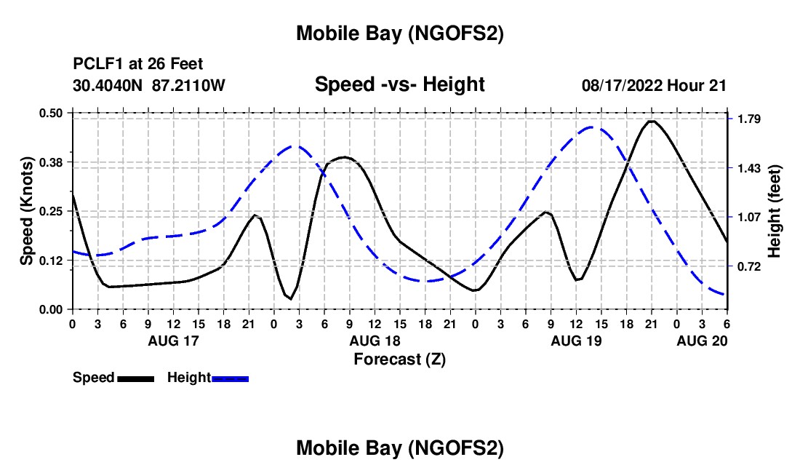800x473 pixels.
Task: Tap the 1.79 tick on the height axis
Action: [x=749, y=119]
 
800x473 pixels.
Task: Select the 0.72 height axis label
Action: [x=749, y=266]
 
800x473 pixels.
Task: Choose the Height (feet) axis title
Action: [x=775, y=210]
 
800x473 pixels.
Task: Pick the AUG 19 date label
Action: [x=575, y=341]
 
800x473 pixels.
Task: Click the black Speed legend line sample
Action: [x=135, y=378]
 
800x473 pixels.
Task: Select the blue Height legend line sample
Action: [x=230, y=378]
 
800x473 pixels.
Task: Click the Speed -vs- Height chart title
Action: [x=399, y=85]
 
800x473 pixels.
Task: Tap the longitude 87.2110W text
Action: [x=189, y=85]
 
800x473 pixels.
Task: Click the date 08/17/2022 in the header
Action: [x=622, y=85]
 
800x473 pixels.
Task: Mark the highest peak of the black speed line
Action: [x=651, y=121]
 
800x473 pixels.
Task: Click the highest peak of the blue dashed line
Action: [x=593, y=127]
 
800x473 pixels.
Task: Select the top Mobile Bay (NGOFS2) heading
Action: [x=399, y=33]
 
